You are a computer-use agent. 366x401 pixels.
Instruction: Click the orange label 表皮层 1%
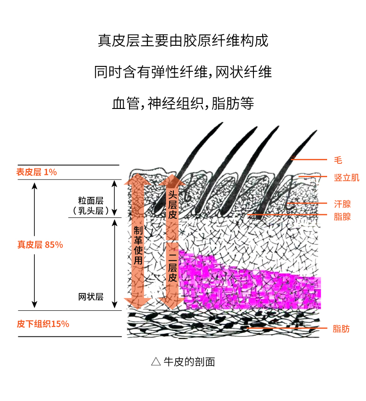(37, 172)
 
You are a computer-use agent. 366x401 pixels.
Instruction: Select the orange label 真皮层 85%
(40, 244)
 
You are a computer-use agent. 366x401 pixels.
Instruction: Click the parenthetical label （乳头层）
(91, 211)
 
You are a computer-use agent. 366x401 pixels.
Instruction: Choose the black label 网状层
(91, 297)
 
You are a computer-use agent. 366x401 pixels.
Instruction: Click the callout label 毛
(338, 160)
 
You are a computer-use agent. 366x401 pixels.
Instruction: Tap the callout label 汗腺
(342, 204)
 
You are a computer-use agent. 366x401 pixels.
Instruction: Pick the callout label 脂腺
(342, 217)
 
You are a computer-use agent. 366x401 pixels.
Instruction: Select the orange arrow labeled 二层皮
(172, 270)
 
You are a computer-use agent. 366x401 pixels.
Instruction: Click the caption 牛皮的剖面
(189, 362)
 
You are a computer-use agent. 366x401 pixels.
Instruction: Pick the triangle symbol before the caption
(156, 362)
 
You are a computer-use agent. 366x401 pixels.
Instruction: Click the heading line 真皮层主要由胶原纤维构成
(183, 41)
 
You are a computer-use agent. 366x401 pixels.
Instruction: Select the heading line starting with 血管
(183, 103)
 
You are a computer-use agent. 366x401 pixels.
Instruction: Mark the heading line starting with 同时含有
(183, 72)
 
